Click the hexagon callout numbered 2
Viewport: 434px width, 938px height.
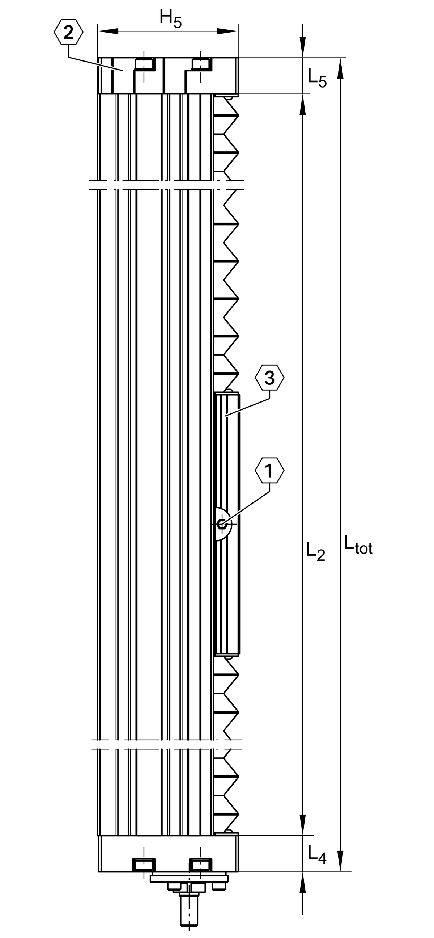[x=68, y=33]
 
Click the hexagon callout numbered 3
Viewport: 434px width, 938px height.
[x=269, y=377]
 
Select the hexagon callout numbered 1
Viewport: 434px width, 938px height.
[x=269, y=471]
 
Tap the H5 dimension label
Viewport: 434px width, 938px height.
[x=170, y=19]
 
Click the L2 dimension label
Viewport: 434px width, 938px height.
[x=316, y=551]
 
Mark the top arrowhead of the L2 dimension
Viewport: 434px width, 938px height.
[x=303, y=105]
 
